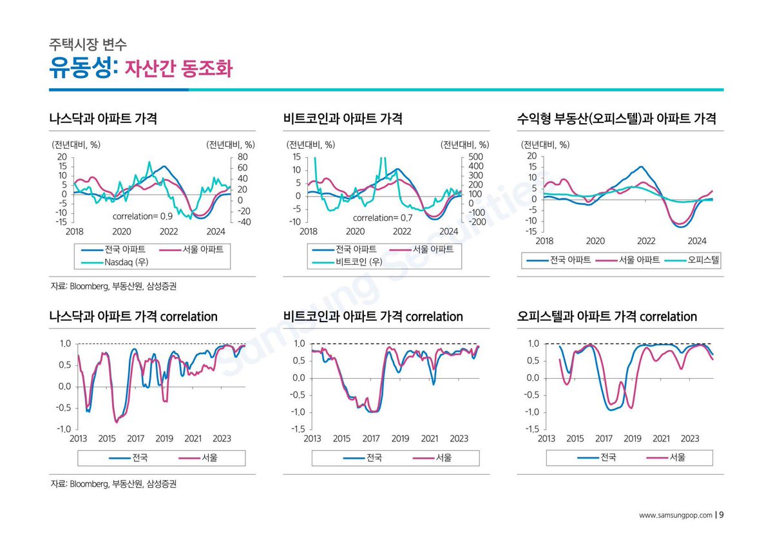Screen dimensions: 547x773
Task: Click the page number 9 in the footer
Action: (721, 515)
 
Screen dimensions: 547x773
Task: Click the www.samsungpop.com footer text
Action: (676, 515)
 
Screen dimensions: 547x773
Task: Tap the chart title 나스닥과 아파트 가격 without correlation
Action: (103, 119)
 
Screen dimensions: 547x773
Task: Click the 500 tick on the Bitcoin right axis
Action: (475, 157)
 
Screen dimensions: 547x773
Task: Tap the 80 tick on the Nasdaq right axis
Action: (242, 157)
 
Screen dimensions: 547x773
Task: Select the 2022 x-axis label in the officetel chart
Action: (646, 240)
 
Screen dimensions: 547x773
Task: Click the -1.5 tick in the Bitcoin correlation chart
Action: (298, 429)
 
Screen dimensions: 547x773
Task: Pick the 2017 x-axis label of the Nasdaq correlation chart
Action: (135, 438)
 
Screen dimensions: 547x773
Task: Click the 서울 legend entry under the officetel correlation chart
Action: (676, 457)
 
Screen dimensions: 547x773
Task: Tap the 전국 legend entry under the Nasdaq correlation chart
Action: (139, 457)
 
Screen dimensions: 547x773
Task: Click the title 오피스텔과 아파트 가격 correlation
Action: (607, 316)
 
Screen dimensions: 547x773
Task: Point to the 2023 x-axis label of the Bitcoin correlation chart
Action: (459, 438)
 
